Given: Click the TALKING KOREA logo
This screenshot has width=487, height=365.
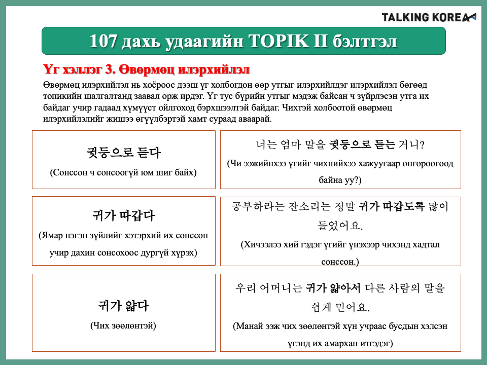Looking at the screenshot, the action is (429, 17).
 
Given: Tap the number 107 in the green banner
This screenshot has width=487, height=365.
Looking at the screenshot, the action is (103, 41).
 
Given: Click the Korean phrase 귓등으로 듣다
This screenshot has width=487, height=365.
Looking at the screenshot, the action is (123, 153).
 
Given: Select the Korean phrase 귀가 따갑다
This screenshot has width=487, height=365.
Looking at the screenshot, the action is (123, 215).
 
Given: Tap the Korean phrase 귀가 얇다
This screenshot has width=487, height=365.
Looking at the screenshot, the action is (123, 306).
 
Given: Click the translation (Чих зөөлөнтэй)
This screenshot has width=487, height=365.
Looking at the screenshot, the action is (123, 325).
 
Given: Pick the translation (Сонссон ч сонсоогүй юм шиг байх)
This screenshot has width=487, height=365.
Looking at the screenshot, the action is (123, 172).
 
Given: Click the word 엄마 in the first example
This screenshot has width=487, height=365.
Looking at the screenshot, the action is (291, 144).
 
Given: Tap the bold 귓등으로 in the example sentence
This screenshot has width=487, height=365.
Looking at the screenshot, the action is (351, 144).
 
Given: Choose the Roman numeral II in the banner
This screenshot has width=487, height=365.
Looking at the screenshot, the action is (320, 41).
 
